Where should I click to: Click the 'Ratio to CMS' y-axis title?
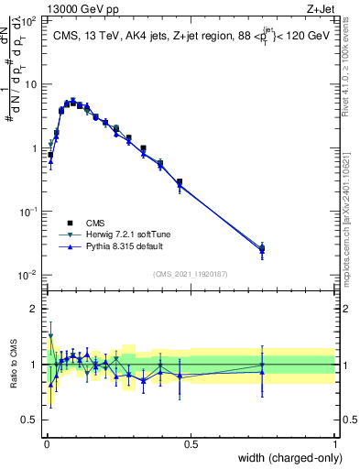(12, 365)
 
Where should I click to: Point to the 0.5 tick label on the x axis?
(190, 444)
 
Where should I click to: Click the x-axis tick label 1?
(334, 444)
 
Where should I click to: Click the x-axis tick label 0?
(45, 444)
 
